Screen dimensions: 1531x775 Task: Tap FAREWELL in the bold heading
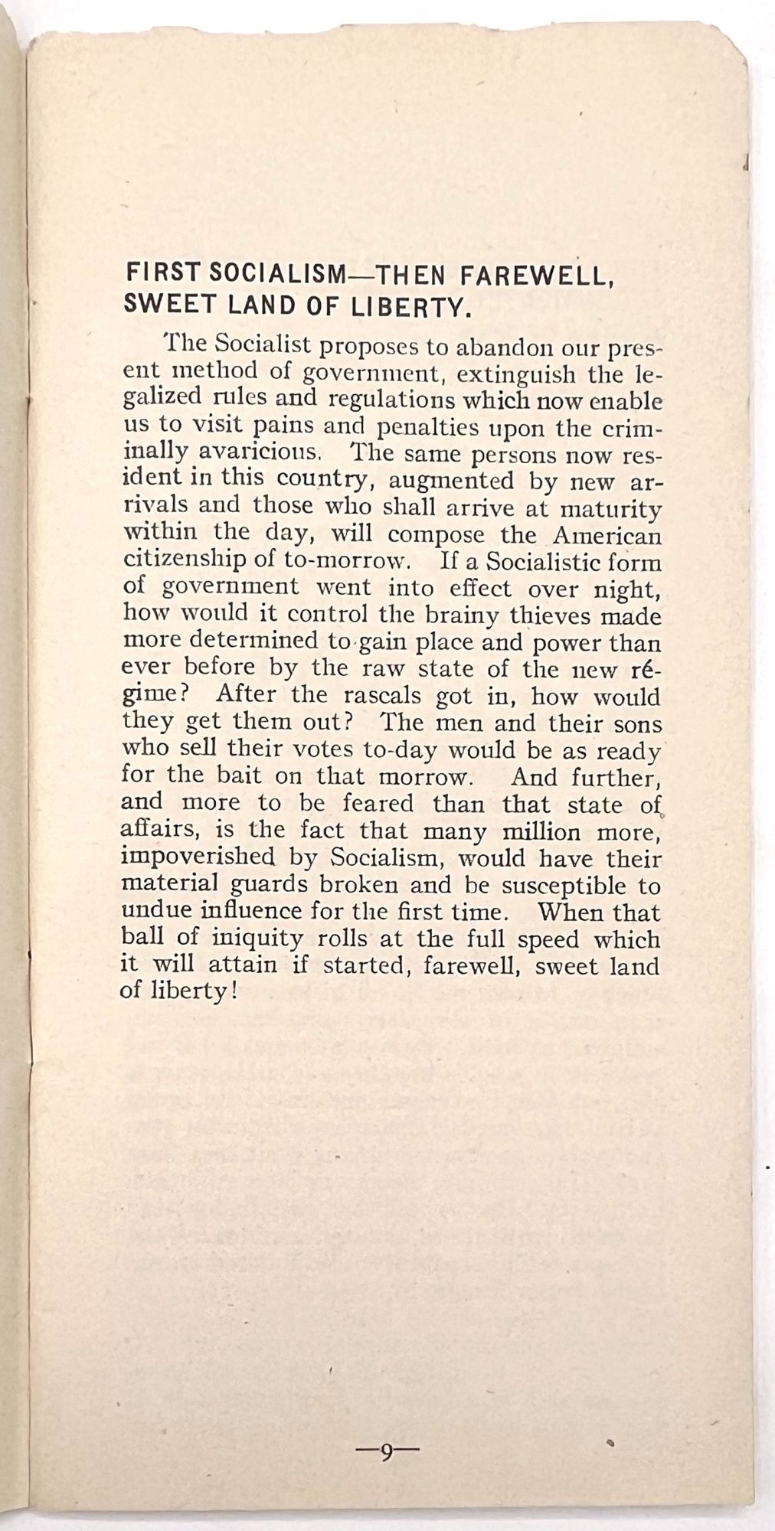point(548,273)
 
